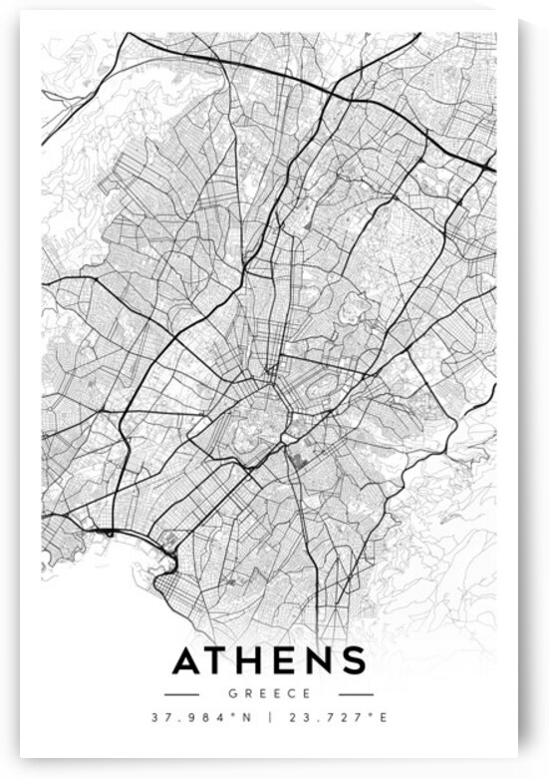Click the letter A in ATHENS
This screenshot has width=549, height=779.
[189, 661]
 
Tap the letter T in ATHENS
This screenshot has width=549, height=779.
[221, 661]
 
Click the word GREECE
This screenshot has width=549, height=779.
[269, 693]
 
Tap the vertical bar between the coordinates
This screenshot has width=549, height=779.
[270, 717]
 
